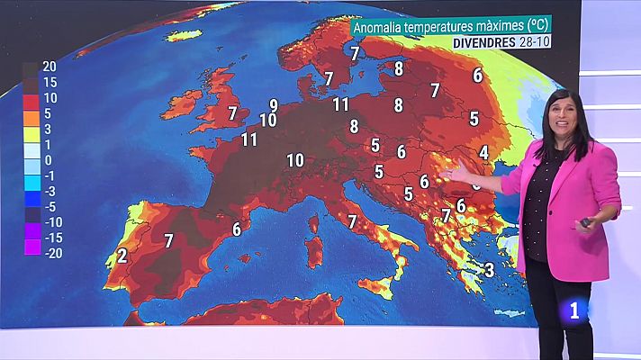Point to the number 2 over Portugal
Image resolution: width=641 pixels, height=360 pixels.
(x=122, y=256)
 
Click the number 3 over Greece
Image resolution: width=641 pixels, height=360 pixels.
(x=489, y=268)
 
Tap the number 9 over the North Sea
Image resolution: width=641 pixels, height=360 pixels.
(x=273, y=105)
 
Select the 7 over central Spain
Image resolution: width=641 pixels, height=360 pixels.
(x=168, y=239)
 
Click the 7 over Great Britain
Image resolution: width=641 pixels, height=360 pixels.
(x=232, y=113)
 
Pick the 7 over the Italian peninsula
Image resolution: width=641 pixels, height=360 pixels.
(x=352, y=220)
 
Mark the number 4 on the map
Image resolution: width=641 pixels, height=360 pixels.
(x=483, y=153)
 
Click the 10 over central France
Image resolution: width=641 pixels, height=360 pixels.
(x=294, y=160)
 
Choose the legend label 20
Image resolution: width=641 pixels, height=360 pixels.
(x=50, y=67)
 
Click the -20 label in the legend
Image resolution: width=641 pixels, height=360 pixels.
(x=51, y=251)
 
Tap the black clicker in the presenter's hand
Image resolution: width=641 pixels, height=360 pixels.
(x=587, y=221)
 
